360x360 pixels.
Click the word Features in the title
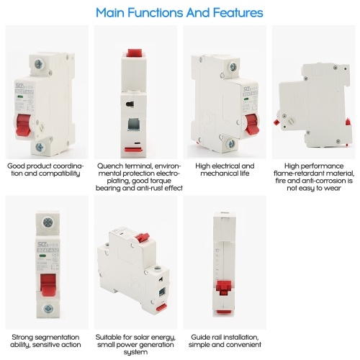tap(238, 12)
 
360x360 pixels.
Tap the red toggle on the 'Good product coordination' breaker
tap(23, 125)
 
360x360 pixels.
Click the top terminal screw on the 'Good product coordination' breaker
tap(38, 64)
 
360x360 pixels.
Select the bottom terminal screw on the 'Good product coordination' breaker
tap(40, 147)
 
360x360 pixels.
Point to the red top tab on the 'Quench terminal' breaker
tap(134, 53)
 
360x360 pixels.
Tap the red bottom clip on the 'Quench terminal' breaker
tap(133, 150)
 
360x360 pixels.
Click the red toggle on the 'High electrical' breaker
tap(253, 124)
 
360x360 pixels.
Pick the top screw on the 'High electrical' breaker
tap(233, 66)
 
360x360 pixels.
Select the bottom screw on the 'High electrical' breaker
tap(231, 143)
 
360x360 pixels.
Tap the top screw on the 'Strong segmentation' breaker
tap(48, 222)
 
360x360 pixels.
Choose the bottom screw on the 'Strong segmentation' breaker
tap(49, 309)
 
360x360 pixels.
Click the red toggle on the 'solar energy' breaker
tap(143, 238)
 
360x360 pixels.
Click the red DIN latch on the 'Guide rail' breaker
tap(224, 288)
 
